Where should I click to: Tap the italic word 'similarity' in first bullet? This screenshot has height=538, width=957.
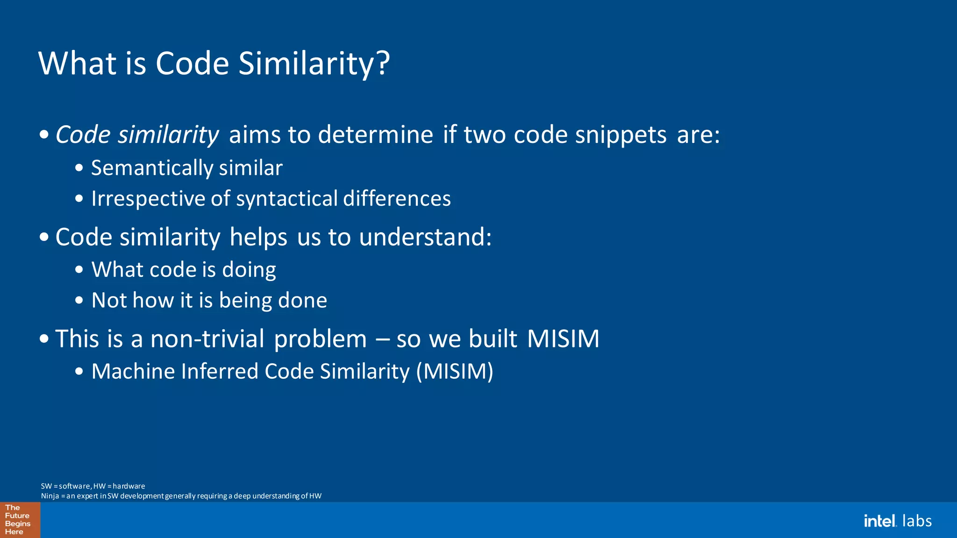click(x=168, y=135)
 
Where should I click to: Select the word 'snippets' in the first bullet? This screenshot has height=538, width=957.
click(x=621, y=135)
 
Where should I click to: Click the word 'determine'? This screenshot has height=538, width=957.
click(x=376, y=135)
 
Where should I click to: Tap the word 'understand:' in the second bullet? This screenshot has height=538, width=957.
click(x=425, y=237)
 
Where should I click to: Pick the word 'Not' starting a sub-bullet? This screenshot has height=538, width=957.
click(x=109, y=300)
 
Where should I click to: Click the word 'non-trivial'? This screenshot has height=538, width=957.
click(x=207, y=339)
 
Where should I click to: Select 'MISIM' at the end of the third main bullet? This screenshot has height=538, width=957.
click(x=563, y=339)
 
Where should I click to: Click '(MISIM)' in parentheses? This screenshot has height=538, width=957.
click(x=455, y=372)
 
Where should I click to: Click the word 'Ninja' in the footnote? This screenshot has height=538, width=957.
click(x=50, y=496)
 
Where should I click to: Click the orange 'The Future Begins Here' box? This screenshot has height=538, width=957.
click(x=20, y=520)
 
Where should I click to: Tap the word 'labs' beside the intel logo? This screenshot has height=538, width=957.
click(x=917, y=521)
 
